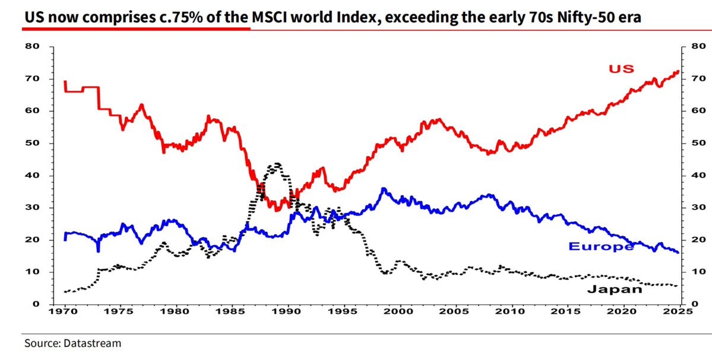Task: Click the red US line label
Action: pos(621,69)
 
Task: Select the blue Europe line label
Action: pos(601,247)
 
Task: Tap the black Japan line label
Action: pos(614,289)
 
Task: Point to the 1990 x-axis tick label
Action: pos(288,311)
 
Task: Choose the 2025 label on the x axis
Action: pos(679,311)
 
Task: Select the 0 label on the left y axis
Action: pos(36,304)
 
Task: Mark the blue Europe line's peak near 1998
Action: pos(384,189)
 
